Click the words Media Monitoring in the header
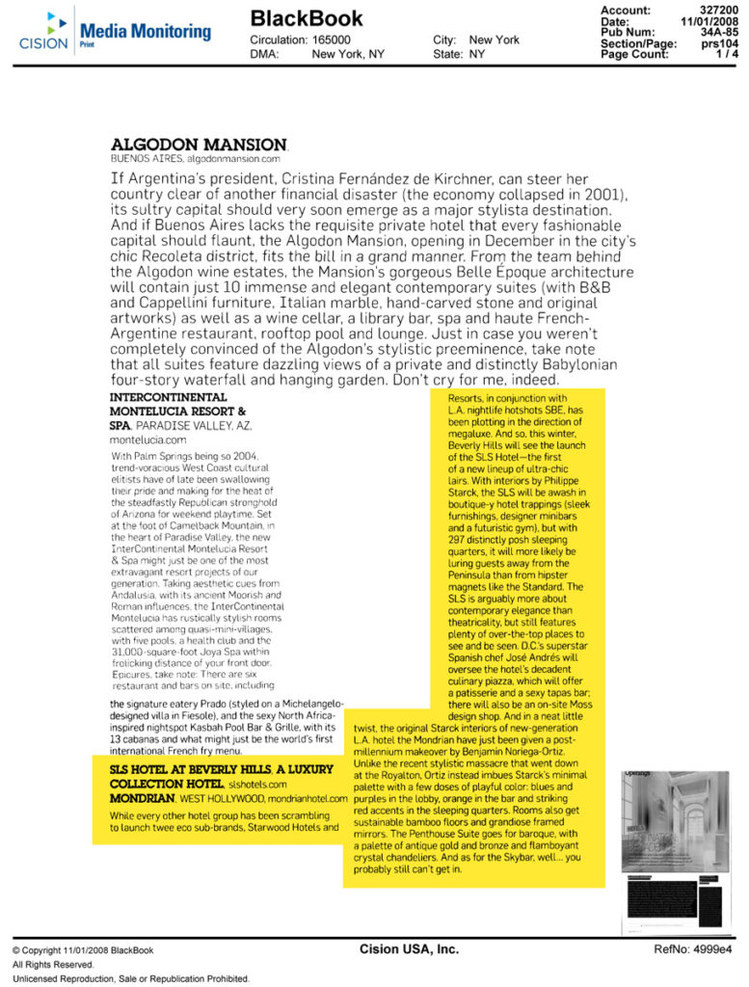(145, 31)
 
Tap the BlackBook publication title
(307, 18)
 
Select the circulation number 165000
(332, 40)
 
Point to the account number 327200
(718, 9)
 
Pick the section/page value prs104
(719, 43)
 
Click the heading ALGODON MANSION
(198, 144)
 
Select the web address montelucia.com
(147, 439)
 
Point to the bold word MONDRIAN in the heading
(142, 798)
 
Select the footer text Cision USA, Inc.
(409, 949)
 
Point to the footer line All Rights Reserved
(53, 965)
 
